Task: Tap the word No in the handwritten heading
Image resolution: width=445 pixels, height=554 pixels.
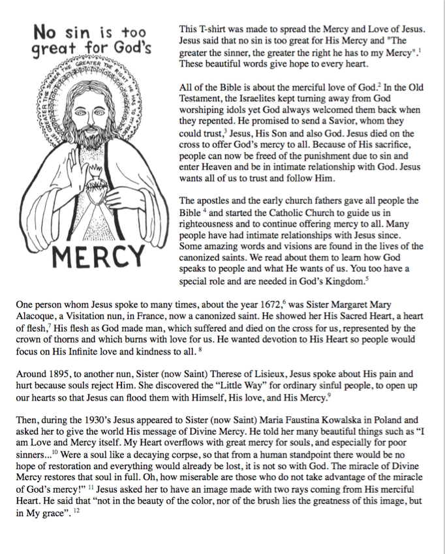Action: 47,31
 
